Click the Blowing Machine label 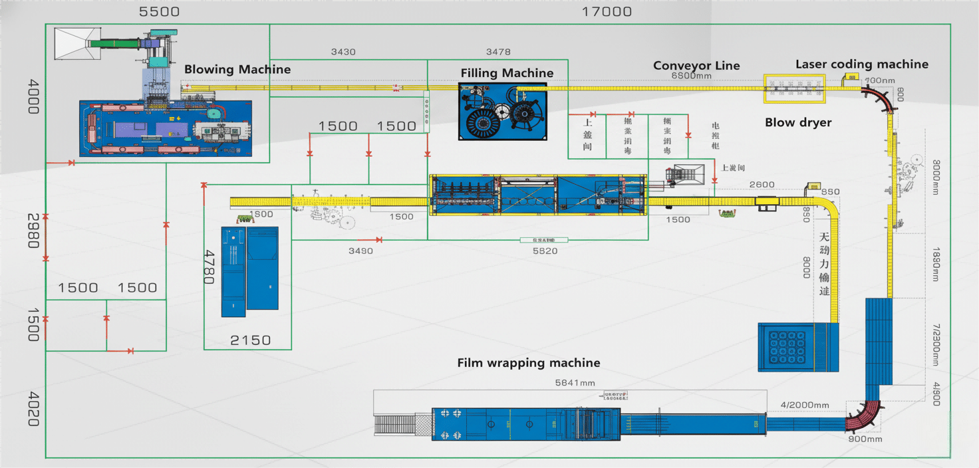237,70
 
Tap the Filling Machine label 507,73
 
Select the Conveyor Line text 696,66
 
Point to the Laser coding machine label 862,64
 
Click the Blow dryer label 798,123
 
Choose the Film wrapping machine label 529,363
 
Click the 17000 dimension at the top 607,12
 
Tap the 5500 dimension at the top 159,12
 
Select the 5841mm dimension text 575,383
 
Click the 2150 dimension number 250,340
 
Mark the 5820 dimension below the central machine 545,251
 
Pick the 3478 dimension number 498,52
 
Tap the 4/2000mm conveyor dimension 804,406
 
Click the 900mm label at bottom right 865,439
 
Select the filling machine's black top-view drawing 503,111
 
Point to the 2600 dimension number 762,185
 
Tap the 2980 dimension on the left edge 33,231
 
